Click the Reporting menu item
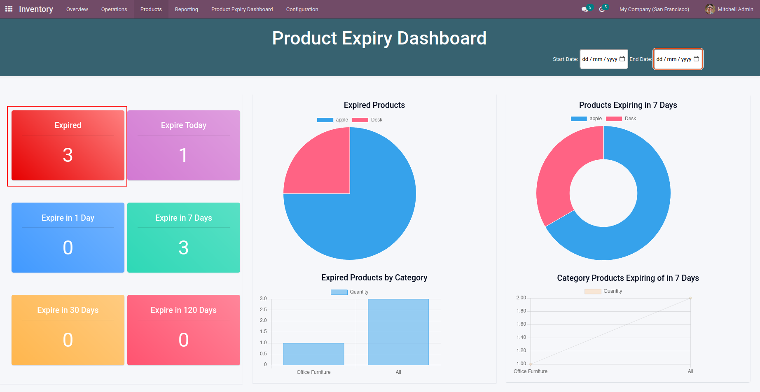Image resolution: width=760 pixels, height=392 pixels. pos(186,9)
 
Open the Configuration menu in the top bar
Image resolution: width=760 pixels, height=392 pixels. pos(302,9)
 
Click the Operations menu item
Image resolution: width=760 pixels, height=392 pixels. pos(114,9)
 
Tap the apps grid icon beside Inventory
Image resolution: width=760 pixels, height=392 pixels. pos(9,9)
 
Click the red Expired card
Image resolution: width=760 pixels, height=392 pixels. pos(68,145)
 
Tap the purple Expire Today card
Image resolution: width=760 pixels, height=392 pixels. pos(184,145)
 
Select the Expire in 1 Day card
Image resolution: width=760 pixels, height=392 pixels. pos(68,238)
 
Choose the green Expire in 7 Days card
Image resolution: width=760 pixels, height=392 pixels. pos(184,238)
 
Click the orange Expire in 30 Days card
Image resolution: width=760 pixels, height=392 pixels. pos(68,330)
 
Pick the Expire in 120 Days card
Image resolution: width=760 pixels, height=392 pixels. pos(184,330)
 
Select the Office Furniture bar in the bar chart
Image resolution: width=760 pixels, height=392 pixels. pos(313,354)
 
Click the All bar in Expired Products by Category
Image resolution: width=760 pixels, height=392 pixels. pos(398,332)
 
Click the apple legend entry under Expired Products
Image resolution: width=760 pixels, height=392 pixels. pos(333,120)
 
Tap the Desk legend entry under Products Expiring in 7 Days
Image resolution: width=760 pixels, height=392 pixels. pos(622,119)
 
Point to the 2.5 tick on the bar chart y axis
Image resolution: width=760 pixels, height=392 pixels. pos(263,310)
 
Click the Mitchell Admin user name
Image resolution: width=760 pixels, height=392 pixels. pos(735,9)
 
